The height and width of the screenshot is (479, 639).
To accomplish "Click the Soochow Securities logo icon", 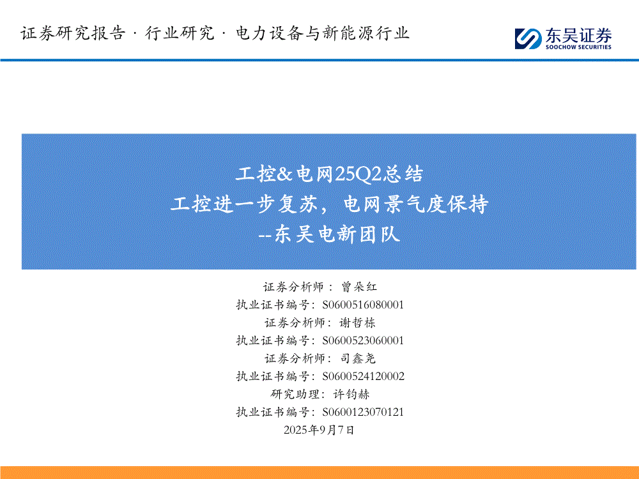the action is (528, 39).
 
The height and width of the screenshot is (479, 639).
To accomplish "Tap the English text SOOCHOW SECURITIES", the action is (579, 47).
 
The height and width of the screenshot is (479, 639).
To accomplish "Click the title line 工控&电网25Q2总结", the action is (329, 174).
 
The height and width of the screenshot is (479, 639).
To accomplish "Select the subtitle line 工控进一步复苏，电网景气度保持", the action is (329, 204).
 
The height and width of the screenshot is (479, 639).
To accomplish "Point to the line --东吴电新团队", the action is (329, 234).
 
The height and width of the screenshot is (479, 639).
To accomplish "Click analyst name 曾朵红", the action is (359, 287).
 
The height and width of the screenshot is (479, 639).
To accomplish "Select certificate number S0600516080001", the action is (363, 305).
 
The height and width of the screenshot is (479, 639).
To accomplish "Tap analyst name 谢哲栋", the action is (357, 323).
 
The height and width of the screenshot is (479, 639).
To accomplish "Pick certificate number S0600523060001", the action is (363, 340).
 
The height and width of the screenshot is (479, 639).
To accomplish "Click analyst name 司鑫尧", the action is (358, 358).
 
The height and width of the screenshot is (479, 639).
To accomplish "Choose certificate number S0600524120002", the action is (363, 376).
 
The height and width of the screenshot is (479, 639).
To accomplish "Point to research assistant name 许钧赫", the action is (351, 394).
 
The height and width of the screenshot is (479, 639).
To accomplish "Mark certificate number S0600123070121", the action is (363, 412).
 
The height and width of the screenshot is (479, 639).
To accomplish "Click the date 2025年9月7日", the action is (319, 430).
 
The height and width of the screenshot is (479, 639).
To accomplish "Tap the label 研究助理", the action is (295, 394).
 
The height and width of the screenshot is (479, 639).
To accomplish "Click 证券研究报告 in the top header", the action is (73, 33).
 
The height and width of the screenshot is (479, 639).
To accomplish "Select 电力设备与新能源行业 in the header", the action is (322, 33).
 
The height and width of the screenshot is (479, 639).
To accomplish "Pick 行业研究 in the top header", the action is (180, 33).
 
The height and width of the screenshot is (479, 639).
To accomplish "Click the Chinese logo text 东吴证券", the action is (579, 35).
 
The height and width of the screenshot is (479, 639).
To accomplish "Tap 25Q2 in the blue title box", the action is (358, 174).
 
